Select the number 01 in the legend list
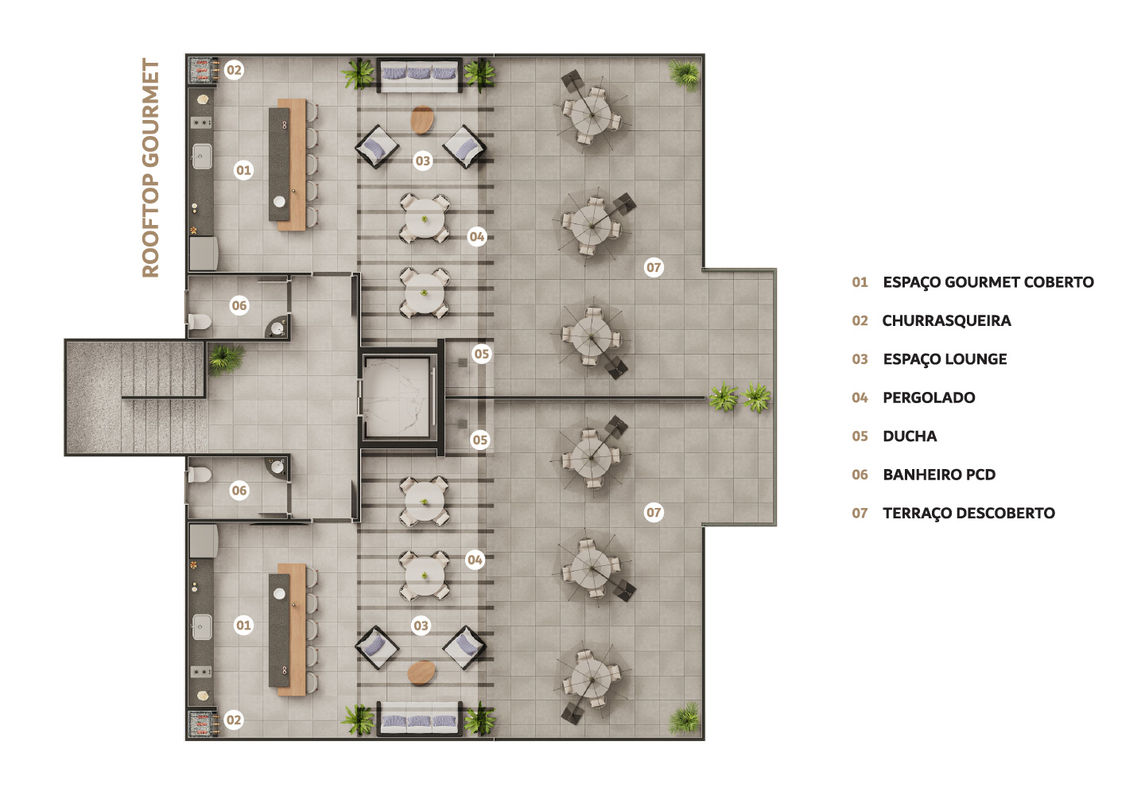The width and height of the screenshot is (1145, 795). pyautogui.click(x=860, y=282)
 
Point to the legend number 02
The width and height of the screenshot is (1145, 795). pyautogui.click(x=860, y=321)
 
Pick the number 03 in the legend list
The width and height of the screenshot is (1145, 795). pyautogui.click(x=860, y=359)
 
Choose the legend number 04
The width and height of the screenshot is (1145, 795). pyautogui.click(x=860, y=397)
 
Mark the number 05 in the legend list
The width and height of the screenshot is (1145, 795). pyautogui.click(x=860, y=436)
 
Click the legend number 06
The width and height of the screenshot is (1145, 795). pyautogui.click(x=860, y=475)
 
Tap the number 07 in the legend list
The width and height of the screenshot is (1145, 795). pyautogui.click(x=860, y=514)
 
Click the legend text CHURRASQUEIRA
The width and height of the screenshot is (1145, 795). pyautogui.click(x=946, y=321)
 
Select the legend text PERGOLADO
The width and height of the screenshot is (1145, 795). pyautogui.click(x=929, y=397)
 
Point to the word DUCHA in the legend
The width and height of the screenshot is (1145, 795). pyautogui.click(x=910, y=436)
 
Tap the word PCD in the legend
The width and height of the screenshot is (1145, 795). pyautogui.click(x=980, y=475)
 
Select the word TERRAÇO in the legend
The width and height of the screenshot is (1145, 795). pyautogui.click(x=917, y=514)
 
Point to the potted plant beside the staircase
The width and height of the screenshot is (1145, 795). pyautogui.click(x=226, y=359)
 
